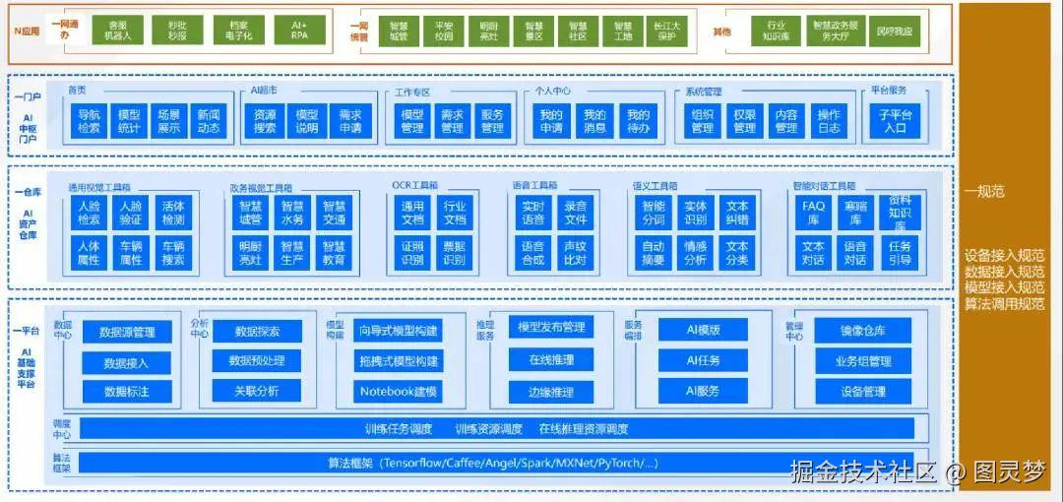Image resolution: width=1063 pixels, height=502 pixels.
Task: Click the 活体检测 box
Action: (x=173, y=213)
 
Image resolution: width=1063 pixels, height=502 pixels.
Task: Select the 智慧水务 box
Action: (x=292, y=213)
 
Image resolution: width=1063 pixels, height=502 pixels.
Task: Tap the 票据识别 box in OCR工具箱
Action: (x=454, y=253)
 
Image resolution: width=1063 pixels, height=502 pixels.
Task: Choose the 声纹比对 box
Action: (x=575, y=253)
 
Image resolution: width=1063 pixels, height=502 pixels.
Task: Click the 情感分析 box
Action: (x=695, y=253)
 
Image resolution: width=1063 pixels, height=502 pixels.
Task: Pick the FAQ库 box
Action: (x=813, y=213)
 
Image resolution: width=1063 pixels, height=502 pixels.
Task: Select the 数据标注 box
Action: (x=127, y=392)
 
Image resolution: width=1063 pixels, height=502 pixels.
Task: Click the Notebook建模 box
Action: (x=398, y=392)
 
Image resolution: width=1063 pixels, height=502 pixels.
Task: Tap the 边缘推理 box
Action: (x=551, y=392)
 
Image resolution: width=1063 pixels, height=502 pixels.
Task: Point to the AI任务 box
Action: (x=703, y=361)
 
